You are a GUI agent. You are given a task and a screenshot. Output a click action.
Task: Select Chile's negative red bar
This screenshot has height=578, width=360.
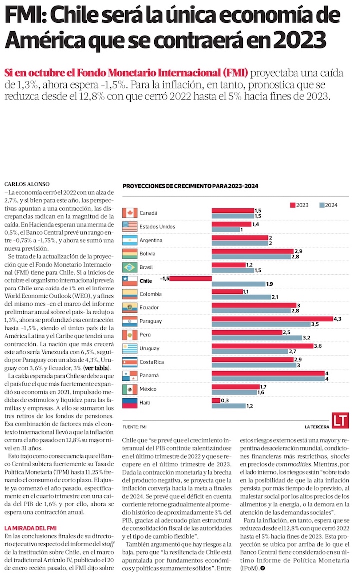pyautogui.click(x=190, y=279)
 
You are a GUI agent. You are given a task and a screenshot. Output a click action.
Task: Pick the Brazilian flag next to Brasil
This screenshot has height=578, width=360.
pyautogui.click(x=130, y=267)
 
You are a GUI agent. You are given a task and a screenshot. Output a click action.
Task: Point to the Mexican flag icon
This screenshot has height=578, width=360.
pyautogui.click(x=130, y=389)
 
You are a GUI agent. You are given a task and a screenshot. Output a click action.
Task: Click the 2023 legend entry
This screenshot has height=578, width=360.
pyautogui.click(x=299, y=205)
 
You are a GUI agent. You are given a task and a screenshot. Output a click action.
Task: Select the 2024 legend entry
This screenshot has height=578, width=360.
pyautogui.click(x=327, y=205)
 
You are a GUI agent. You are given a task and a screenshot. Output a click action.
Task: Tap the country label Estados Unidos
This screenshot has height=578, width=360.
pyautogui.click(x=157, y=227)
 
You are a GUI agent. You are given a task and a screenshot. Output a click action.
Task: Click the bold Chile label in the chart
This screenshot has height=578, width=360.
pyautogui.click(x=146, y=281)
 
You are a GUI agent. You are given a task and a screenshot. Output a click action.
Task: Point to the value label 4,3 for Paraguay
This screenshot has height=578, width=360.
pyautogui.click(x=338, y=319)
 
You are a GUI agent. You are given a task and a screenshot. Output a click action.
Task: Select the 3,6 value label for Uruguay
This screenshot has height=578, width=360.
pyautogui.click(x=317, y=346)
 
